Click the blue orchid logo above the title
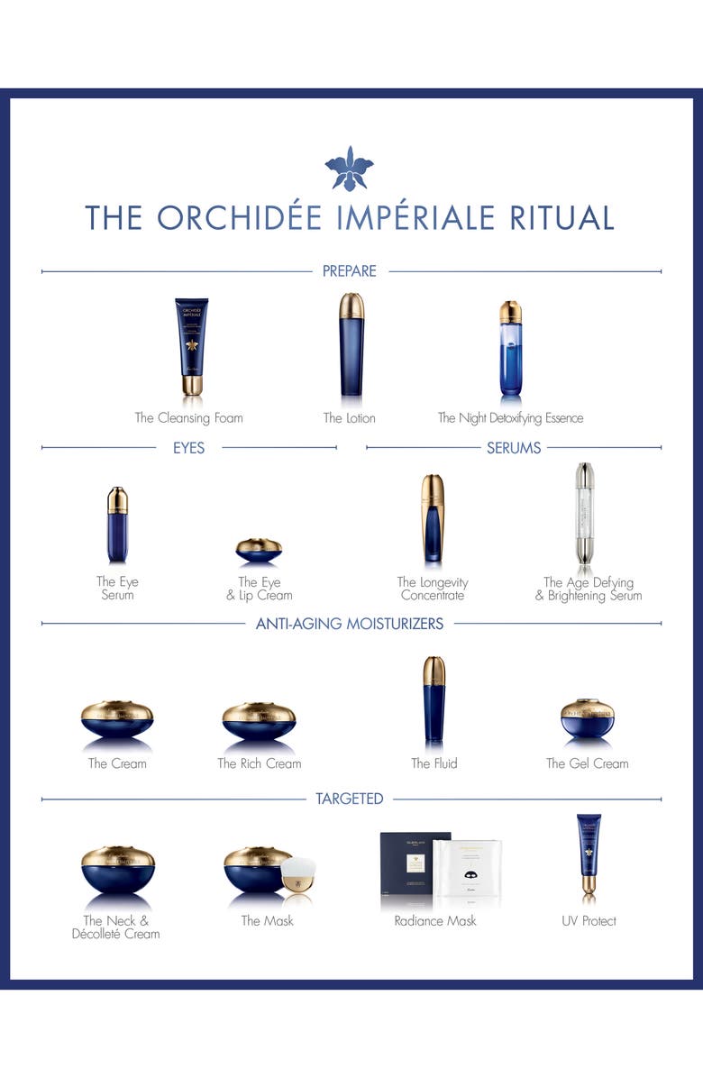pos(349,169)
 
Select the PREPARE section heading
pos(349,270)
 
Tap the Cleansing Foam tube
pos(190,346)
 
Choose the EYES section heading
pos(189,447)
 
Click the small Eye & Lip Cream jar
pos(259,549)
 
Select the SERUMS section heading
pos(514,447)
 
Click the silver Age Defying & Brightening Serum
pos(586,514)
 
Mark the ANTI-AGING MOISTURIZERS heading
pos(350,623)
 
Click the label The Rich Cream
pos(260,763)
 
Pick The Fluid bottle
pos(434,700)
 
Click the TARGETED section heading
pos(350,799)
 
